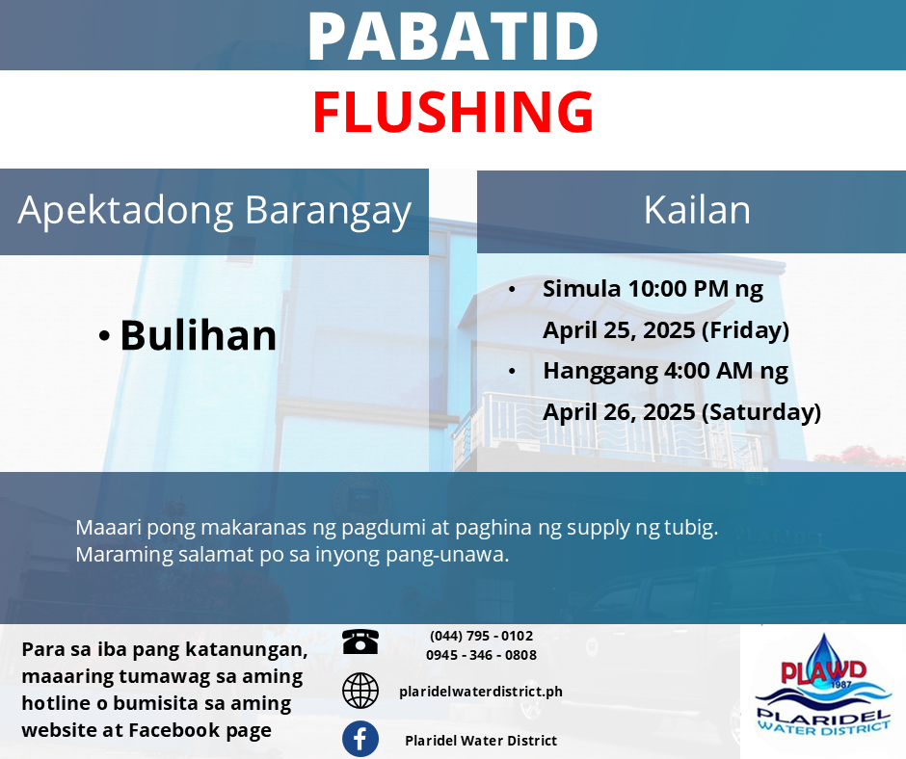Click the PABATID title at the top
pyautogui.click(x=453, y=36)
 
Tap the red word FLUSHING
pyautogui.click(x=453, y=112)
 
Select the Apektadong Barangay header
pyautogui.click(x=214, y=211)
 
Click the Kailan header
pyautogui.click(x=697, y=210)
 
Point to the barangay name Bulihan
pyautogui.click(x=199, y=335)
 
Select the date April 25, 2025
pyautogui.click(x=619, y=329)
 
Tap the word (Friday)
pyautogui.click(x=745, y=330)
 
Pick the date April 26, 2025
pyautogui.click(x=619, y=412)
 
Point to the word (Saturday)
pyautogui.click(x=761, y=412)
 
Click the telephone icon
pyautogui.click(x=360, y=641)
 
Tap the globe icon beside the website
pyautogui.click(x=360, y=691)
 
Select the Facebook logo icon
pyautogui.click(x=360, y=739)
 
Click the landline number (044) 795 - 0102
pyautogui.click(x=481, y=636)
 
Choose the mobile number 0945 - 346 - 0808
pyautogui.click(x=481, y=655)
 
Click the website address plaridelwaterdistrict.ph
pyautogui.click(x=481, y=692)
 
